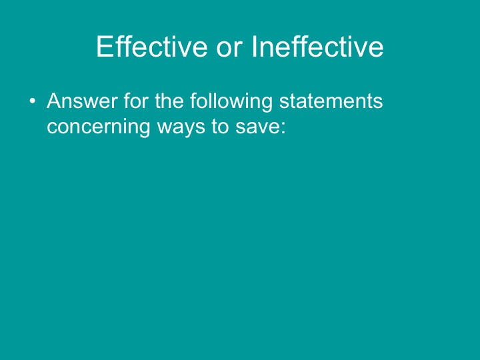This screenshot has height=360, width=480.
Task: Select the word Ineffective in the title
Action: [317, 47]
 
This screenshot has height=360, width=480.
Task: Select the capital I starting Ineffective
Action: [255, 47]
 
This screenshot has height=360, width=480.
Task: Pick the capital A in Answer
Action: [54, 102]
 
